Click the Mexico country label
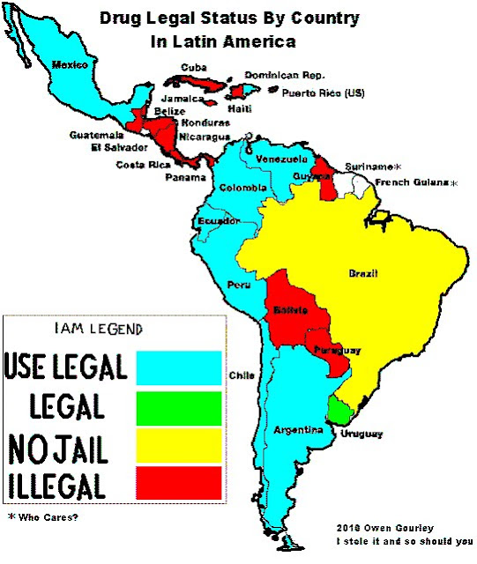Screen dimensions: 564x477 [x=70, y=64]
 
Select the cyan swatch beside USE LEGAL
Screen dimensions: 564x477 [x=179, y=367]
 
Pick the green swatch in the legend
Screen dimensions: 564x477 [x=179, y=406]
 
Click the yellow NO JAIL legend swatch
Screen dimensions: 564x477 [x=179, y=446]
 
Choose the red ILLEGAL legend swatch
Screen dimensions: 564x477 [x=179, y=484]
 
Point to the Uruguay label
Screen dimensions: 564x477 [x=362, y=434]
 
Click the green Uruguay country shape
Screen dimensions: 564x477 [x=339, y=408]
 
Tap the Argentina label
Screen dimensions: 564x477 [x=295, y=430]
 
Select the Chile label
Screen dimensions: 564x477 [x=242, y=375]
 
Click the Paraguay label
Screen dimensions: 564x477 [x=337, y=351]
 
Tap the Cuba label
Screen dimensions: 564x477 [x=193, y=68]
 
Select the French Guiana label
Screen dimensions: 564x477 [x=411, y=182]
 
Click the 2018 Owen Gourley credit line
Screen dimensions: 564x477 [x=377, y=528]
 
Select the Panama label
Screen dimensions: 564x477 [x=185, y=177]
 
